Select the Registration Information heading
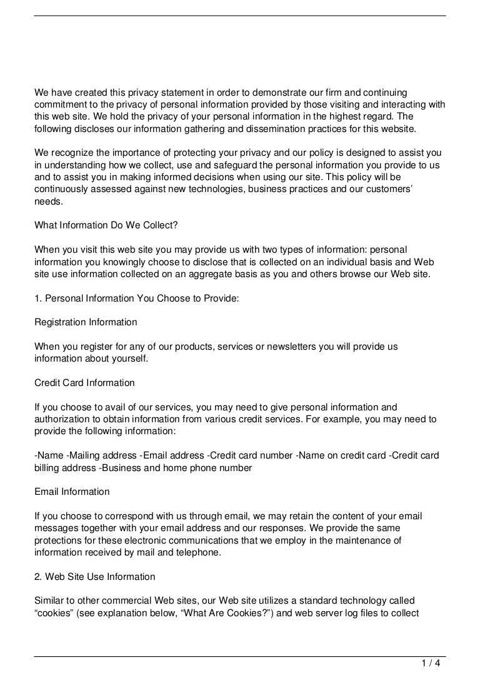pyautogui.click(x=86, y=322)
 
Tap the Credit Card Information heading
pyautogui.click(x=84, y=383)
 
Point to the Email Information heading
pyautogui.click(x=72, y=492)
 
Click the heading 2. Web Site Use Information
pyautogui.click(x=95, y=576)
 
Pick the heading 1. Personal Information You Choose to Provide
pyautogui.click(x=136, y=298)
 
